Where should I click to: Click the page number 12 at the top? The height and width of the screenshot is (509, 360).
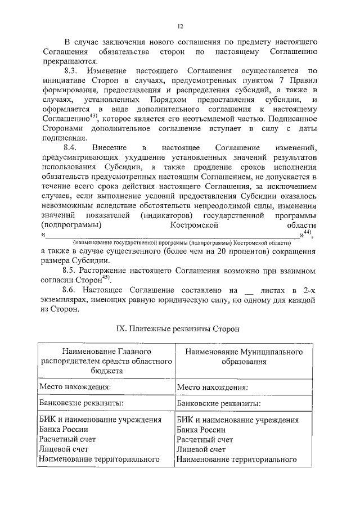point(180,26)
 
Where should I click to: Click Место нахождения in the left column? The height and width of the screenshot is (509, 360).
point(74,387)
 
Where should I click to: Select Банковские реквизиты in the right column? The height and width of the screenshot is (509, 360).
point(218,404)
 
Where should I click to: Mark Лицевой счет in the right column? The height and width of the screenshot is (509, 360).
point(201,449)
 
